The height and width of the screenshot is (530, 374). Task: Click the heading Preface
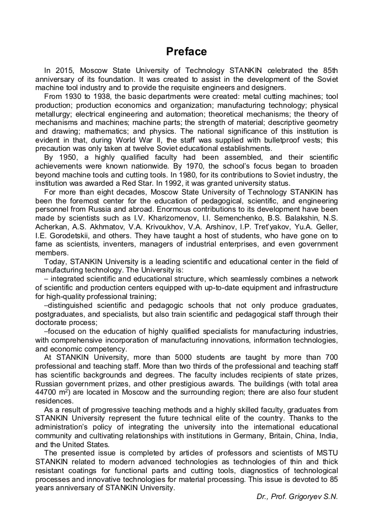[186, 51]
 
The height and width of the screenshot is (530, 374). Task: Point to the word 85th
[329, 71]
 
